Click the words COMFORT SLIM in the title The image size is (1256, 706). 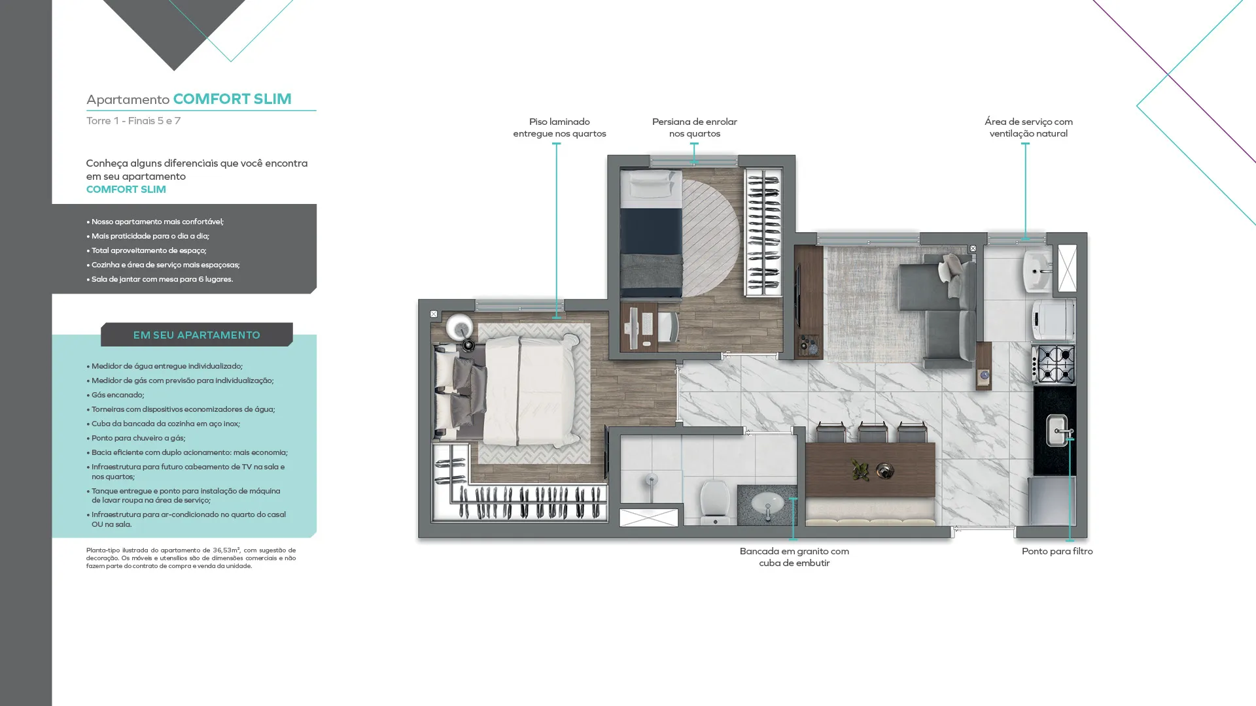click(x=232, y=99)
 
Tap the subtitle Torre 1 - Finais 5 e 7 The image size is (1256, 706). click(x=133, y=121)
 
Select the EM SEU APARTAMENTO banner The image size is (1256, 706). click(x=197, y=335)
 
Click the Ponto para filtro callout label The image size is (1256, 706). click(x=1057, y=551)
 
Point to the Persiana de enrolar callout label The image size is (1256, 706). click(x=695, y=127)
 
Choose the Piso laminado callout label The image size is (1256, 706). click(x=559, y=127)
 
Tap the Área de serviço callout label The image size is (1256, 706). click(x=1028, y=127)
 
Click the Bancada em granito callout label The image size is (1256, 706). click(x=794, y=557)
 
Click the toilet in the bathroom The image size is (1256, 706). click(x=714, y=502)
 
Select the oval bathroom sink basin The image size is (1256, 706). click(x=767, y=504)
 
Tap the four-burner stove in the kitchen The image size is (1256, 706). click(x=1054, y=363)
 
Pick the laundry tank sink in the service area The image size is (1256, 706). click(x=1038, y=271)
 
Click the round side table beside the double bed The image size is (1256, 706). click(x=459, y=326)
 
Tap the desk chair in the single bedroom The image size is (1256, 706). click(x=668, y=326)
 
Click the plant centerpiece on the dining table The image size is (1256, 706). click(x=860, y=469)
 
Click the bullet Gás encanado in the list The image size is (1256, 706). click(x=118, y=395)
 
